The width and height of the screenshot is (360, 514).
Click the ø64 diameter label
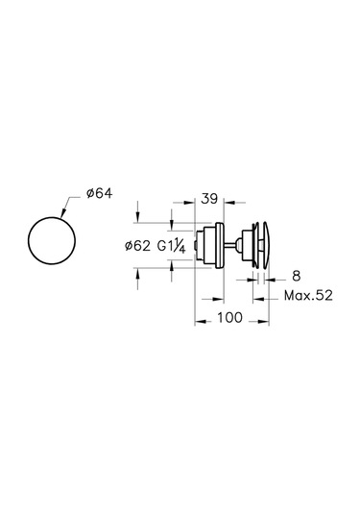coord(99,193)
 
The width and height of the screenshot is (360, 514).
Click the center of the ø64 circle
coord(52,240)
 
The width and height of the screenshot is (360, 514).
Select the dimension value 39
coord(209,199)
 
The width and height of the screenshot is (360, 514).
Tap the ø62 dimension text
coord(137,246)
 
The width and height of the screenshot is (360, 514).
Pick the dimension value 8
coord(296,276)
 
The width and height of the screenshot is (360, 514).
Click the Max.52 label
coord(308,295)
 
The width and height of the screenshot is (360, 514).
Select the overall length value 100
coord(229,317)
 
